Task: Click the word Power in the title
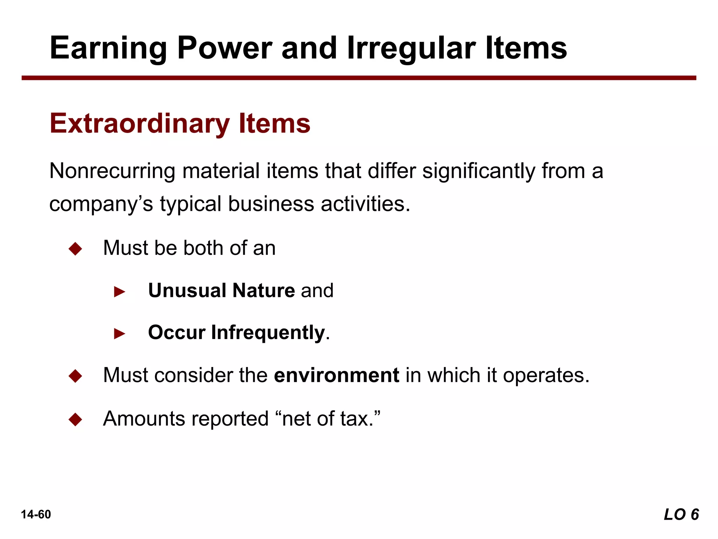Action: coord(224,48)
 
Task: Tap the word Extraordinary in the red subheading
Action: coord(140,124)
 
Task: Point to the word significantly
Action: coord(479,171)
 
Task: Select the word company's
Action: coord(101,204)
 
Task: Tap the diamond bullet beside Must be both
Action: coord(75,249)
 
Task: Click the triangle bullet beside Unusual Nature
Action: coord(120,292)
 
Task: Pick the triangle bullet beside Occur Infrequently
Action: coord(120,334)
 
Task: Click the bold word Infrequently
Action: coord(268,333)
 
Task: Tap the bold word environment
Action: coord(337,375)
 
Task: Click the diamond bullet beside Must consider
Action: coord(75,376)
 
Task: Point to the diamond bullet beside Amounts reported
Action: coord(75,419)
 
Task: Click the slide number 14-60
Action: coord(36,514)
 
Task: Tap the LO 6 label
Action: coord(681,514)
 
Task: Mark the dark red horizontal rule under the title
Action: coord(359,78)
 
